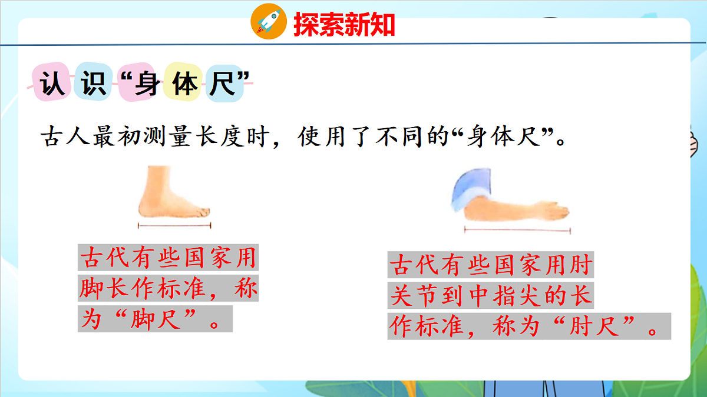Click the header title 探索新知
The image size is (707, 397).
(x=344, y=24)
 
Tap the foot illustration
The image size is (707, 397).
(x=171, y=194)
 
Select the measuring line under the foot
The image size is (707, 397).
(x=174, y=225)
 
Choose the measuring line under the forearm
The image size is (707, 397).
(x=517, y=230)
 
